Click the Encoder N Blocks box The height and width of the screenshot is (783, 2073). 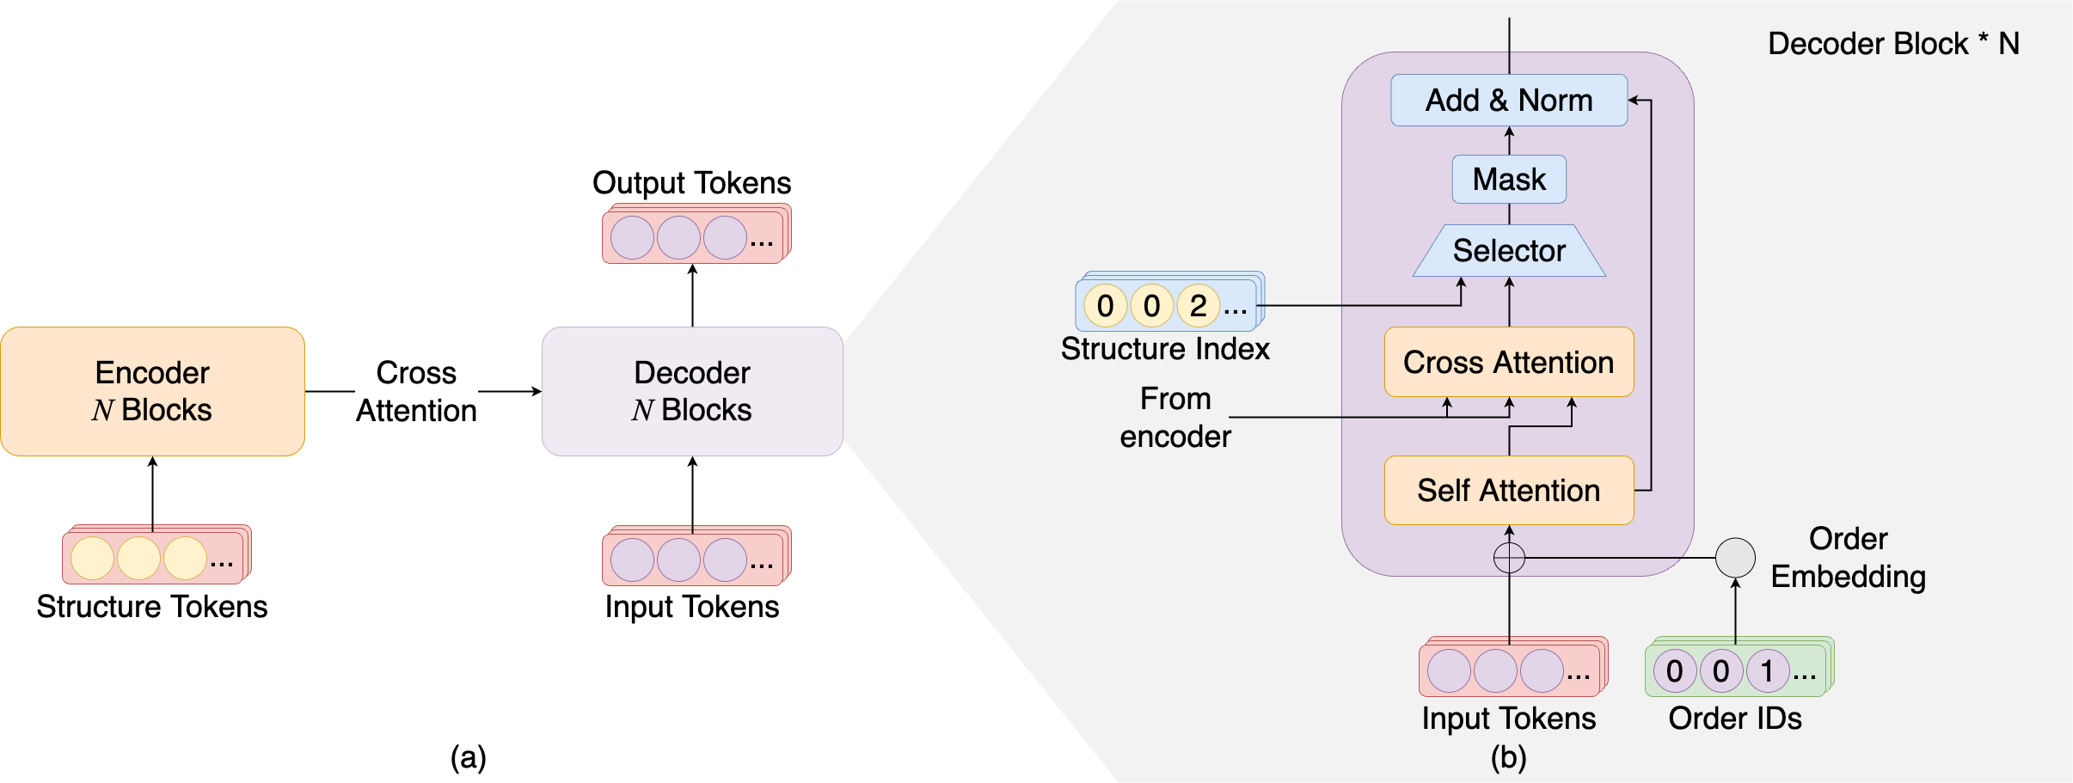pos(152,391)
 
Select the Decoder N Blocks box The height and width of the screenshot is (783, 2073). pos(692,391)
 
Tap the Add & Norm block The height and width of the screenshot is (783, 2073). pos(1509,101)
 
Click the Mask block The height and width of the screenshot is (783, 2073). pos(1509,180)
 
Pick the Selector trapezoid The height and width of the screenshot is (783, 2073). pos(1509,251)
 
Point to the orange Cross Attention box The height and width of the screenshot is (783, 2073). pos(1509,362)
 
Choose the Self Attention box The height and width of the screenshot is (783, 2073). pos(1509,490)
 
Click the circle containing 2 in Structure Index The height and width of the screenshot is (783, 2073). pos(1198,306)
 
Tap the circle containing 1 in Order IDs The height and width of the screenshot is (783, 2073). pos(1767,670)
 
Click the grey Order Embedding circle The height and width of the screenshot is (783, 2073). pos(1735,558)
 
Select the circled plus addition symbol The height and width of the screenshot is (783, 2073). pos(1509,558)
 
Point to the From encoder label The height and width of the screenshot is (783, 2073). pos(1175,418)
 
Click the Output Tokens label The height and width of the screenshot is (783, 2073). pos(692,183)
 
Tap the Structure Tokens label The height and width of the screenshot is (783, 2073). pos(152,607)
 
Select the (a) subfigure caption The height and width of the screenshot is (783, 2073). pos(469,757)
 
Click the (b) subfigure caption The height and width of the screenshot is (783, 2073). pos(1509,757)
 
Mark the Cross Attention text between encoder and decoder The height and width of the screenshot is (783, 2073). pos(416,391)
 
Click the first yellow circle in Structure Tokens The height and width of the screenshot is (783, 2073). pos(93,559)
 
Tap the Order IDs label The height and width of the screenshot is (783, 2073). pos(1735,719)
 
